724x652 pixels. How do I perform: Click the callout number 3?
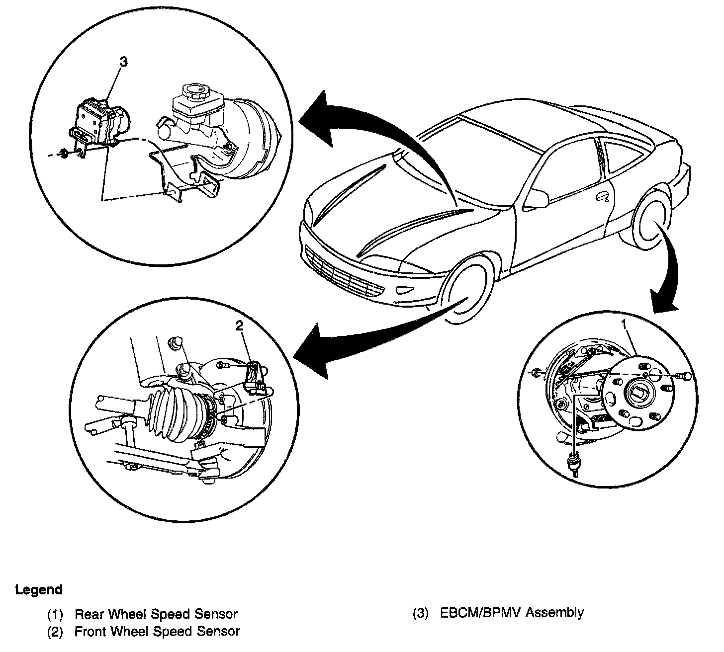point(123,62)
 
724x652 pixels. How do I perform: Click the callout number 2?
point(240,326)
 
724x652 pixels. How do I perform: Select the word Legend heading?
point(39,590)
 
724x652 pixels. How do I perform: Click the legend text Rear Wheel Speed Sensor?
point(156,614)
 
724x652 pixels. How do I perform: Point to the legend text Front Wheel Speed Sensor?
point(157,632)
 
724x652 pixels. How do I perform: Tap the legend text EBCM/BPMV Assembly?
point(512,613)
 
